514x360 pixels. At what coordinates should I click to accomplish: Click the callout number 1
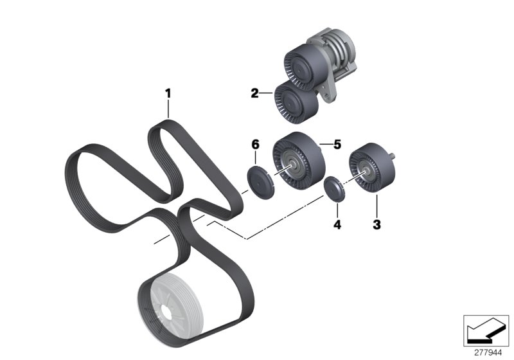tap(168, 93)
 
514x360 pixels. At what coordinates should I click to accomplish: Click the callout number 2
tap(254, 94)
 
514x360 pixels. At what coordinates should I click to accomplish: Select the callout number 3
tap(377, 225)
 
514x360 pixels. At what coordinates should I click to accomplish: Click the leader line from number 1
tap(168, 108)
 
